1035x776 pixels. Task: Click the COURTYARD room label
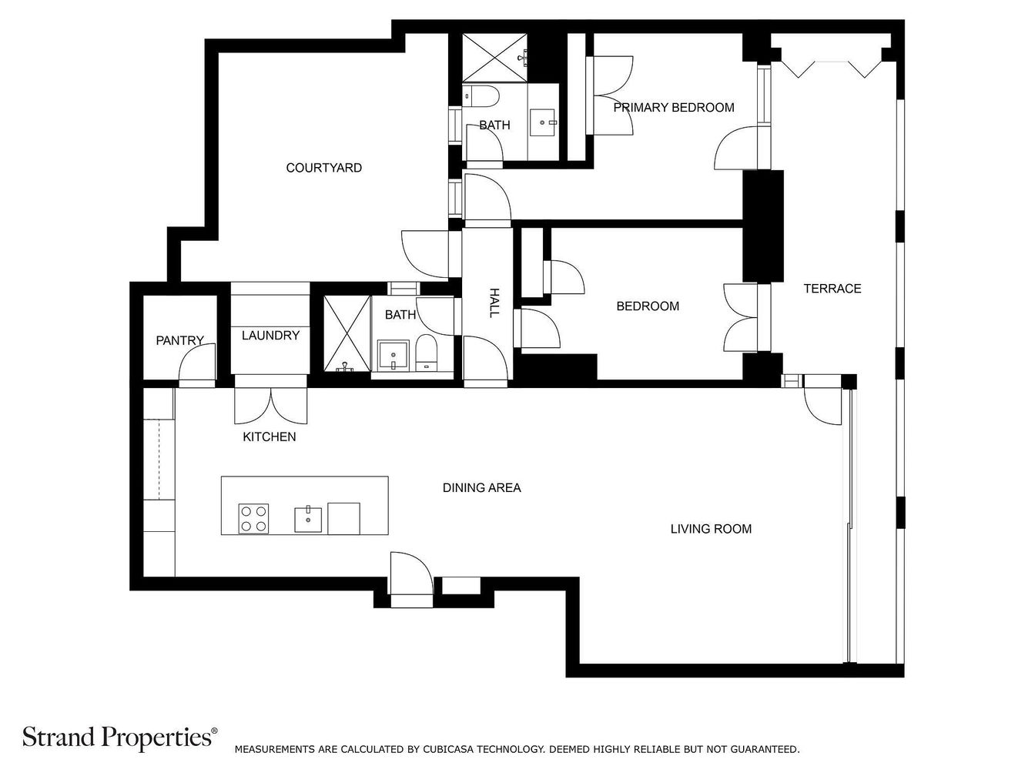[x=323, y=168]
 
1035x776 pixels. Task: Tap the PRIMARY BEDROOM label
[x=673, y=108]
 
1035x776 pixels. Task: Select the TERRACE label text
[x=832, y=289]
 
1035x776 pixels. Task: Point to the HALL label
[x=494, y=303]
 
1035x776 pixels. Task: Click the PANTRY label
[x=179, y=340]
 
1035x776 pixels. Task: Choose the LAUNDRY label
[x=270, y=335]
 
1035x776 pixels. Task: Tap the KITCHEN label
[x=270, y=436]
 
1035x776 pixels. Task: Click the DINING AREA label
[x=481, y=487]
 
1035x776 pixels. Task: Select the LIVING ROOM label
[x=711, y=529]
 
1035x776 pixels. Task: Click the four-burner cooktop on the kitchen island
[x=253, y=518]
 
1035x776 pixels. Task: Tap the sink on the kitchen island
[x=308, y=519]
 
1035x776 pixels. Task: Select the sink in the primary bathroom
[x=544, y=122]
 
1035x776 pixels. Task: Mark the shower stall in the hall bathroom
[x=347, y=333]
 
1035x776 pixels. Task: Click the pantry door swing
[x=197, y=361]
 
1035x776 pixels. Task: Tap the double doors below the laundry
[x=270, y=406]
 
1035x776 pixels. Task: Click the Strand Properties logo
[x=120, y=737]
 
